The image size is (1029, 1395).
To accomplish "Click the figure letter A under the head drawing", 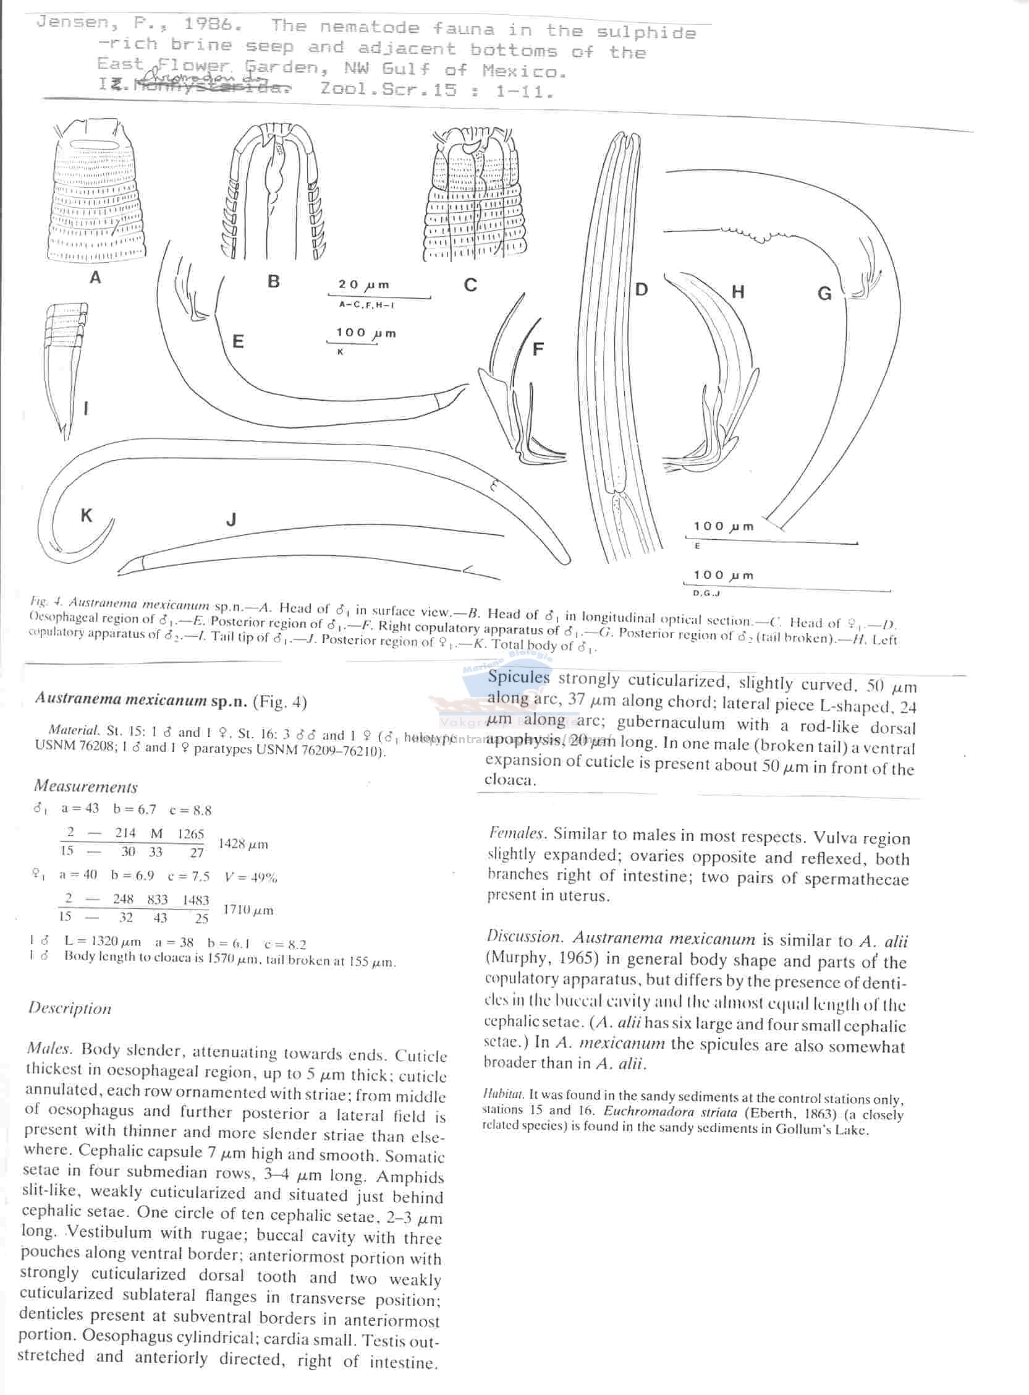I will [x=95, y=277].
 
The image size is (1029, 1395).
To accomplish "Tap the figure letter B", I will [x=273, y=281].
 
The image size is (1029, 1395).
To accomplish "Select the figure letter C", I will [x=470, y=284].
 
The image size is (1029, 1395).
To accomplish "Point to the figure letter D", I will [x=641, y=289].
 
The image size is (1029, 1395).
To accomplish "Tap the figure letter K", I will [x=86, y=515].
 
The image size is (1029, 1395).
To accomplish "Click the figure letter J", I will [x=231, y=519].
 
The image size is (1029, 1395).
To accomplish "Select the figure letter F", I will [x=538, y=349].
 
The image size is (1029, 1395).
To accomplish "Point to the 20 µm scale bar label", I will [x=364, y=284].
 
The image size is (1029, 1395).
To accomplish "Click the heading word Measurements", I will [x=86, y=787].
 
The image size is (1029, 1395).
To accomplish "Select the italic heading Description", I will [x=70, y=1008].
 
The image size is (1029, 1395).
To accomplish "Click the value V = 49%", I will [x=250, y=877].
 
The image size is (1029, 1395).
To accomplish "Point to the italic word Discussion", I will [x=525, y=936].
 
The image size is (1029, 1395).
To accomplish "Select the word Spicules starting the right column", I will [x=519, y=678].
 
